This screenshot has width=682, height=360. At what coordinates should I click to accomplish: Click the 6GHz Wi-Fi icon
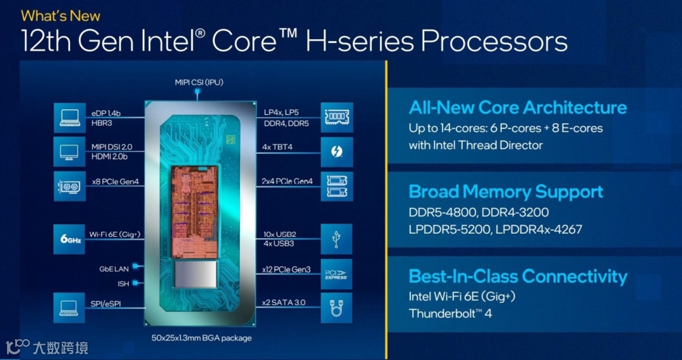click(69, 240)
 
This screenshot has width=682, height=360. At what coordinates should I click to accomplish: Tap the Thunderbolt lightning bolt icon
click(336, 152)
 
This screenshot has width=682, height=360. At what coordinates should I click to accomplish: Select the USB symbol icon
click(336, 239)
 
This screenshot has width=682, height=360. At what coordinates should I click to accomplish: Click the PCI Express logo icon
click(336, 274)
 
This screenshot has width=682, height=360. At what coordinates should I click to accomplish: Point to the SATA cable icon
click(336, 308)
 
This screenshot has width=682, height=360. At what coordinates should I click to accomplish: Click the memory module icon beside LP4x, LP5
click(336, 117)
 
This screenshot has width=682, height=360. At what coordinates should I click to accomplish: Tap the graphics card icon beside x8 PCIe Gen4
click(69, 186)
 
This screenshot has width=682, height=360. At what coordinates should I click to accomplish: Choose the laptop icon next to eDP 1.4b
click(69, 118)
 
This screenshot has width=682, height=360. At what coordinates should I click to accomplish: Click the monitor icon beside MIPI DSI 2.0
click(69, 152)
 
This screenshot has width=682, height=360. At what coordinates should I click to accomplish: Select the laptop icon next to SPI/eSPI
click(69, 308)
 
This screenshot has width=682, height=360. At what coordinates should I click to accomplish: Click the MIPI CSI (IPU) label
click(199, 82)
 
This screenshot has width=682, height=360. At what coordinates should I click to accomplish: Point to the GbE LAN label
click(114, 269)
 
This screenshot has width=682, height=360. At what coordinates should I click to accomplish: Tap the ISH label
click(123, 284)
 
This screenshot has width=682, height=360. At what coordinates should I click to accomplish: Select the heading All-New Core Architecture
click(518, 107)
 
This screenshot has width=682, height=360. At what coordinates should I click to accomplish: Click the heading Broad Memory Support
click(506, 192)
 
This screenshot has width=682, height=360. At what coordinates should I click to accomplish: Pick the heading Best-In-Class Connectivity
click(518, 277)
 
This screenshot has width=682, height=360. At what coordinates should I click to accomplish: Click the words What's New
click(61, 15)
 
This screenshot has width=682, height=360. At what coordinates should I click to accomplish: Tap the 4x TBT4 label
click(277, 147)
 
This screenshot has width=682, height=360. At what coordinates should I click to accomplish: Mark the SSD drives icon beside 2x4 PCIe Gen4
click(336, 186)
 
